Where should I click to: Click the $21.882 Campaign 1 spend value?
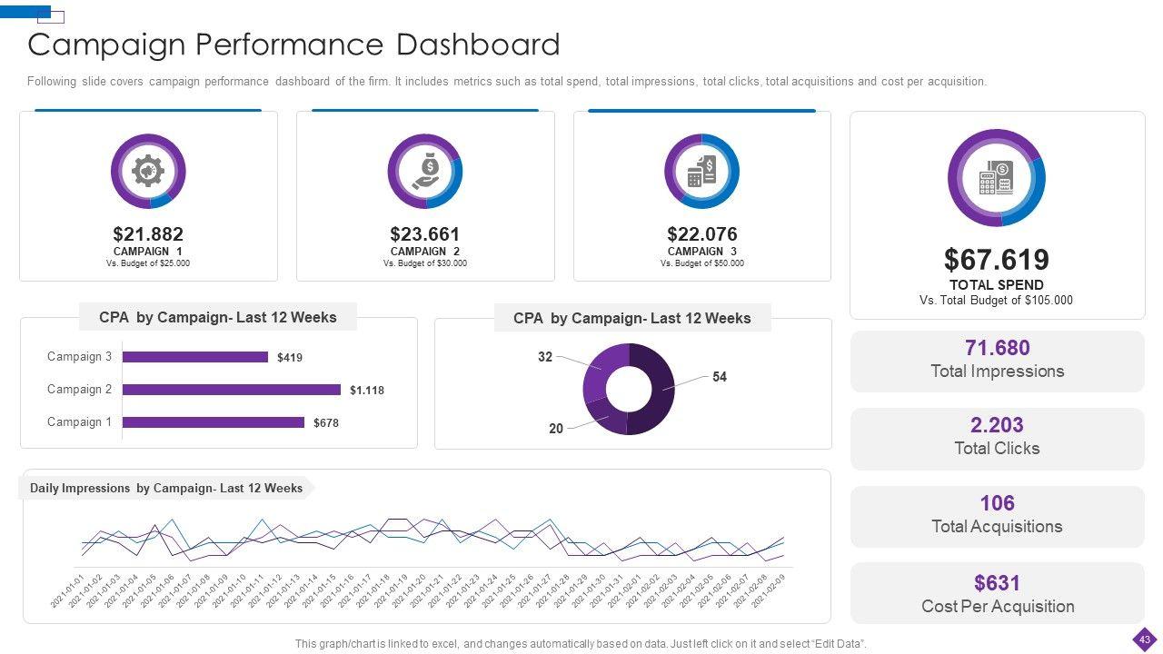click(x=148, y=234)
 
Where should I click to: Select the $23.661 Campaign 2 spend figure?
click(x=425, y=234)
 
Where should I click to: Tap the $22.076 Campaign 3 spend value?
click(x=702, y=234)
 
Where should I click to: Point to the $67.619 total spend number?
click(x=996, y=260)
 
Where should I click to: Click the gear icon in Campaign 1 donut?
click(x=148, y=171)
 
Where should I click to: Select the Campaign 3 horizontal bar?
click(x=195, y=357)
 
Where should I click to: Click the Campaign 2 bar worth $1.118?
click(x=232, y=390)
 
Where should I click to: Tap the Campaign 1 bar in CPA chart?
click(x=214, y=422)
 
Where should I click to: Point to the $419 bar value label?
click(x=290, y=358)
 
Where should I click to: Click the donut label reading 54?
click(x=720, y=377)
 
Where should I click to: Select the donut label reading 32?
click(x=545, y=357)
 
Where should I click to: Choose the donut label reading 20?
click(x=556, y=429)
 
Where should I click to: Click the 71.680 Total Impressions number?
click(x=997, y=348)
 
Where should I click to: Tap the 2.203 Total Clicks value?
click(x=997, y=425)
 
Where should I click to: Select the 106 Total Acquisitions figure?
click(x=997, y=503)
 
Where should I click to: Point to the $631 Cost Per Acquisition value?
click(x=997, y=582)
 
